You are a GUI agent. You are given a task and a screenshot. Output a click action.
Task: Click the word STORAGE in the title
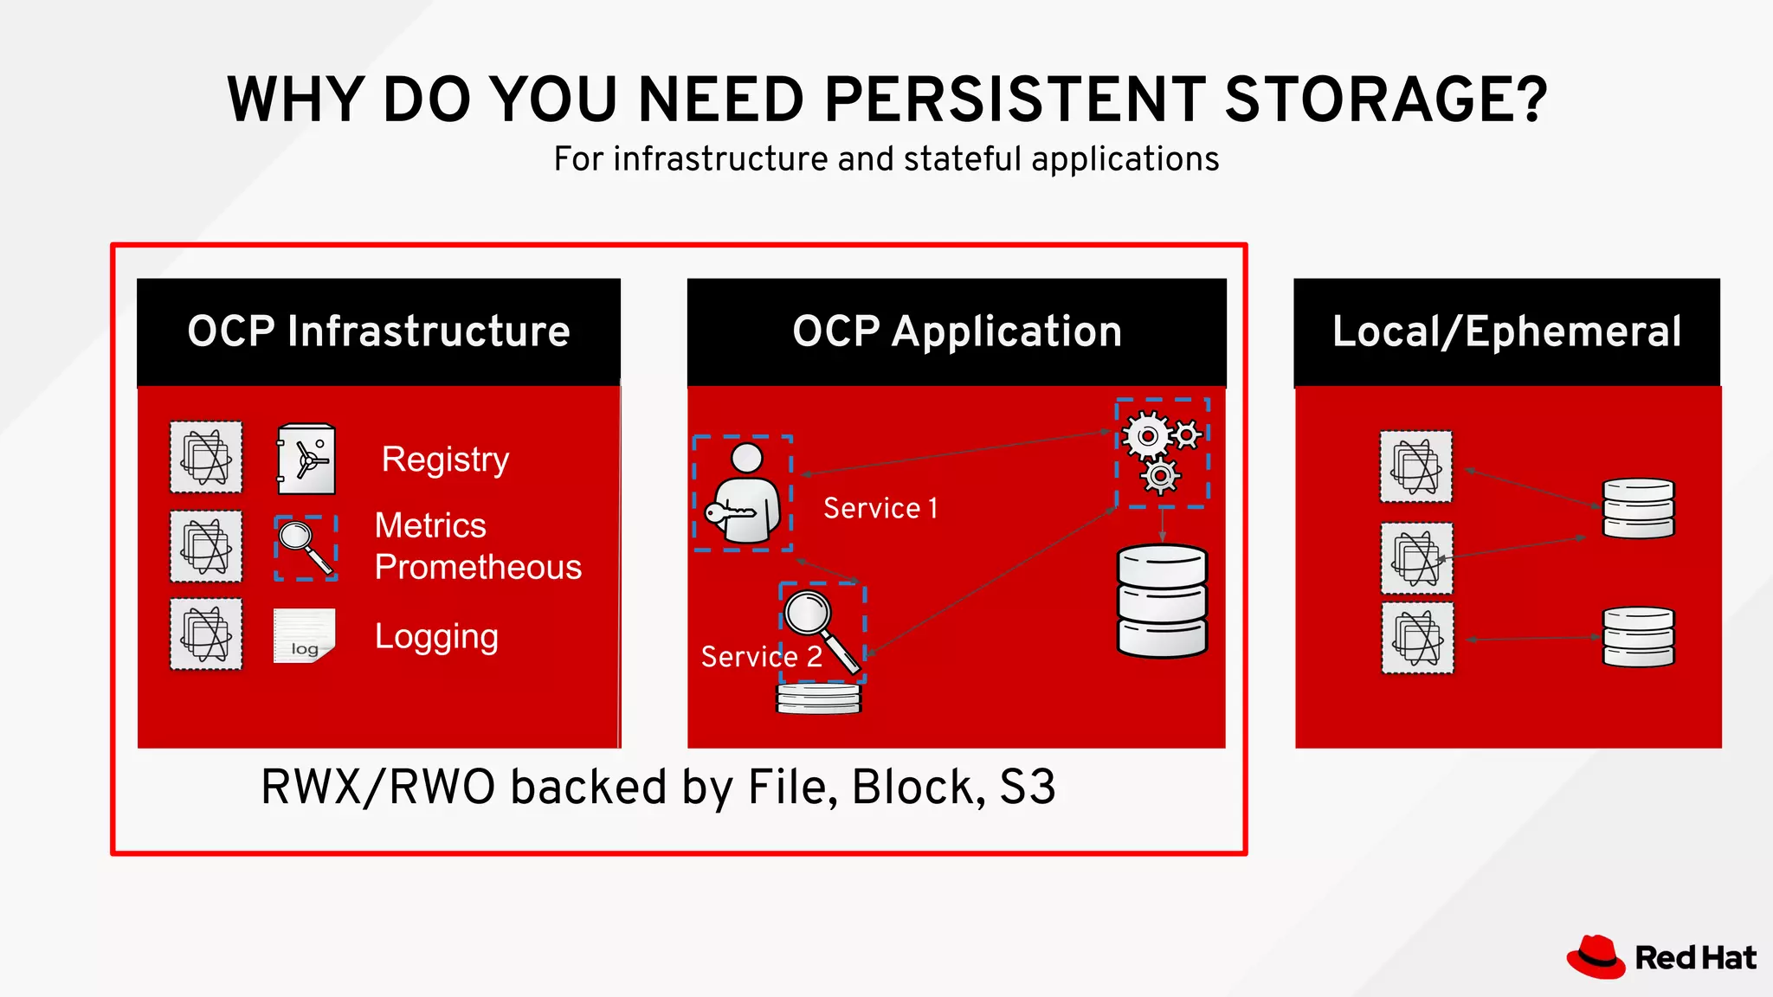coord(1385,99)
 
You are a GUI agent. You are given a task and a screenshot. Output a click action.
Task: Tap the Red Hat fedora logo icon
coord(1596,957)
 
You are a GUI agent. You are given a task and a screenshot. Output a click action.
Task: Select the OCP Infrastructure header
coord(378,331)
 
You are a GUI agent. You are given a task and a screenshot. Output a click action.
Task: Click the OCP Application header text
coord(957,331)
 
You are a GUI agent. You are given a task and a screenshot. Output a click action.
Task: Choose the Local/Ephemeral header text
coord(1506,331)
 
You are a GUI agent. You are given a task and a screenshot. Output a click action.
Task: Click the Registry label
coord(445,460)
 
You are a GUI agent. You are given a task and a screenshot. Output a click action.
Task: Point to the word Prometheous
coord(478,568)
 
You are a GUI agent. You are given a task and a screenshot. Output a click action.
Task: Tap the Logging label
coord(436,637)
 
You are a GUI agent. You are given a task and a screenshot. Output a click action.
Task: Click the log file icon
coord(304,636)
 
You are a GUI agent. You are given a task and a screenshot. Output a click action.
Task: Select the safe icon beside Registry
coord(306,459)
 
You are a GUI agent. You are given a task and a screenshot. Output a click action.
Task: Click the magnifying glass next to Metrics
coord(306,548)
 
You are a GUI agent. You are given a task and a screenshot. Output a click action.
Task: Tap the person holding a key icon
coord(743,494)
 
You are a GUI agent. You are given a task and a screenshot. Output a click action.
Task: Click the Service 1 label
coord(880,509)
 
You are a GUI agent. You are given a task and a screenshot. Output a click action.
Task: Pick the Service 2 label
coord(761,657)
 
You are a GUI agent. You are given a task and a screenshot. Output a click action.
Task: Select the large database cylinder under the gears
coord(1162,601)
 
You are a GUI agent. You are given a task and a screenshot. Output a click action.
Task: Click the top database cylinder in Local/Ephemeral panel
coord(1638,508)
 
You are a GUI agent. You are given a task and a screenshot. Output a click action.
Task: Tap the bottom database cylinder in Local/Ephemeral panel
coord(1638,637)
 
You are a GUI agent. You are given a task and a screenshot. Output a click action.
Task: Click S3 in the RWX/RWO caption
coord(1028,788)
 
